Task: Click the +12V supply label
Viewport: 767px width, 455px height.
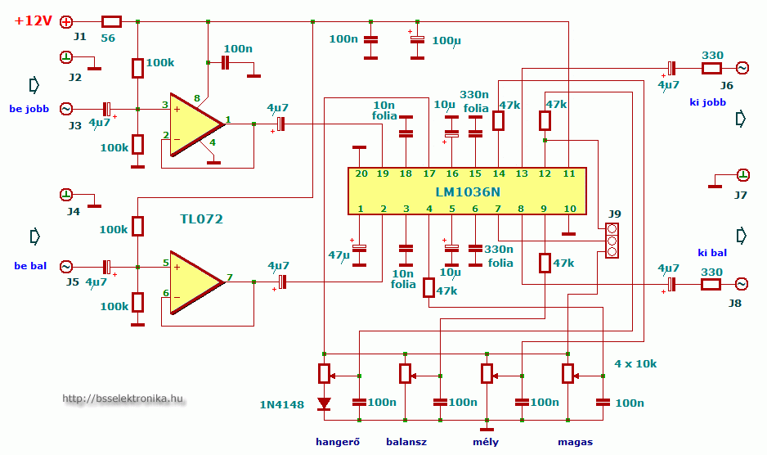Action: (34, 21)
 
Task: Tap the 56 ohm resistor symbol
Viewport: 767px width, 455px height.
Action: (111, 21)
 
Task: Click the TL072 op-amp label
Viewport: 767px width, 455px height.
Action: (201, 219)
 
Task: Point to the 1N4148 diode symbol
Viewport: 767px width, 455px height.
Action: (325, 403)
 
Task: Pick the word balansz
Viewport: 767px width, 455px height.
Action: (406, 442)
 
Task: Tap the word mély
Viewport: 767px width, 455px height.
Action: (486, 442)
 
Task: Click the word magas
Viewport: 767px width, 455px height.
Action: (575, 442)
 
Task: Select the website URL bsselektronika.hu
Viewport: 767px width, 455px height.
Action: (123, 399)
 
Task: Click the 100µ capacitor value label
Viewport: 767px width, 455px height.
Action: (446, 40)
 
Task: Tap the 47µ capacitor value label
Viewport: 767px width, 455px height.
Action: (339, 255)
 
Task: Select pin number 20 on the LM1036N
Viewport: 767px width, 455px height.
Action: (360, 173)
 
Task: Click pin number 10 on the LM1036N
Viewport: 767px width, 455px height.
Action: (570, 209)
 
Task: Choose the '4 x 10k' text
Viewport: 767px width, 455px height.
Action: (635, 363)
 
